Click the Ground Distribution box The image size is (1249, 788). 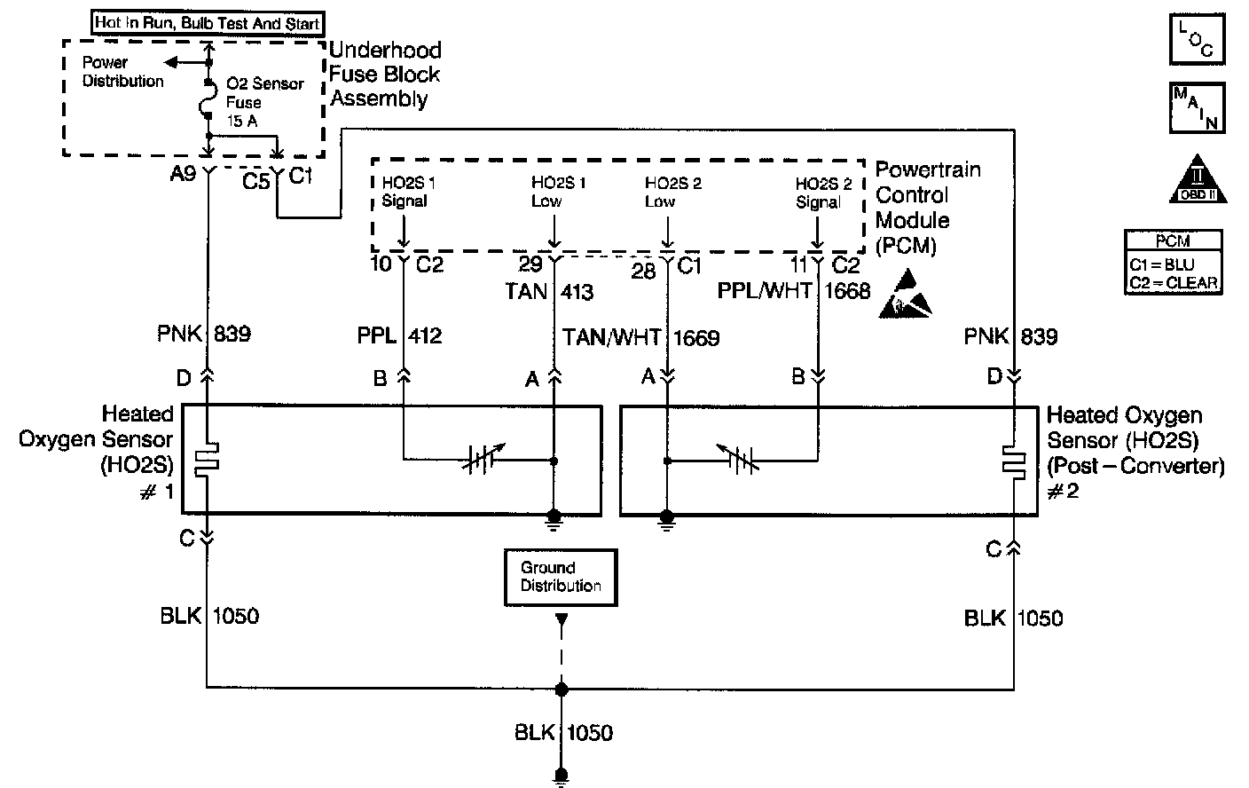click(560, 578)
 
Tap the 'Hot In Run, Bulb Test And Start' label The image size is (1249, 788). click(208, 23)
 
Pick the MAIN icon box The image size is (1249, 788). click(1197, 107)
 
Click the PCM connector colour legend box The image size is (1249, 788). click(1174, 263)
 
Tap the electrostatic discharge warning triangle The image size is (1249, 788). click(906, 298)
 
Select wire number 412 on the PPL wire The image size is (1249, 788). click(425, 336)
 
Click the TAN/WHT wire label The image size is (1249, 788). click(612, 338)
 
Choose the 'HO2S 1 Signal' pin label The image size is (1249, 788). click(405, 193)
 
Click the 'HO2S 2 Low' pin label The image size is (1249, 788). click(672, 193)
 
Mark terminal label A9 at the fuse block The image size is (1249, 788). click(183, 175)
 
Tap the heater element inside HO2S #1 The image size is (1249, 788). click(208, 460)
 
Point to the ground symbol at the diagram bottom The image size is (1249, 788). click(561, 776)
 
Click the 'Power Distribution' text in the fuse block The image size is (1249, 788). click(122, 72)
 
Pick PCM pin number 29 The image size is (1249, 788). click(530, 264)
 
